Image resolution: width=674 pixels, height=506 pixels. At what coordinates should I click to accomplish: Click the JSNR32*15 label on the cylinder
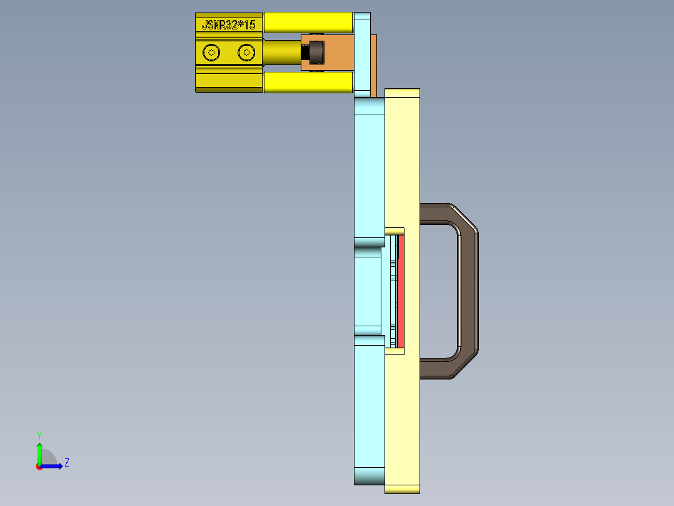(228, 25)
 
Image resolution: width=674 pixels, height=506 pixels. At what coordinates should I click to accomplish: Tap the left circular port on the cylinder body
(211, 53)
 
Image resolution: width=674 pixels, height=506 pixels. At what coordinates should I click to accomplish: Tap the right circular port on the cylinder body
(246, 53)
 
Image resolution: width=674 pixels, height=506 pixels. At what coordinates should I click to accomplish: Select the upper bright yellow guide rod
(308, 23)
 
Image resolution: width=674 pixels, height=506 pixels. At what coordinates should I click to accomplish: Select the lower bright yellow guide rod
(308, 82)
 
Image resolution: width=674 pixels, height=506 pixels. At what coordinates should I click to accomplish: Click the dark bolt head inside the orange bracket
(318, 53)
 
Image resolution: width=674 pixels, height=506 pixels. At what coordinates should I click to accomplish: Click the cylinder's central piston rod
(281, 53)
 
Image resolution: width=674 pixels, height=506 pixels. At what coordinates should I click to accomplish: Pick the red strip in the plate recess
(401, 291)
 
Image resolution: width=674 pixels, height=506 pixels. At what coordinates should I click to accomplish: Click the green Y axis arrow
(39, 450)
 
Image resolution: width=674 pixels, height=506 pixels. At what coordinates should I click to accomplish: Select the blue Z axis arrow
(53, 466)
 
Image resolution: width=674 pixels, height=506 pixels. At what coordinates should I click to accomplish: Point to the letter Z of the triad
(66, 463)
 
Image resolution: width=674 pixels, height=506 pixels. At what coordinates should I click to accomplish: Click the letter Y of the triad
(39, 435)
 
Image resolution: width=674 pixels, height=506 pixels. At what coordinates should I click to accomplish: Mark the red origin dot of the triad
(39, 467)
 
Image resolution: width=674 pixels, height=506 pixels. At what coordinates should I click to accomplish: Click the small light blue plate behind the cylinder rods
(362, 53)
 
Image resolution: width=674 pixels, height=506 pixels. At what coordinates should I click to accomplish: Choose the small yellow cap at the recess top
(394, 231)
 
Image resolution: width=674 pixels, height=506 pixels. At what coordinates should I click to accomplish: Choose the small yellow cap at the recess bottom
(394, 351)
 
